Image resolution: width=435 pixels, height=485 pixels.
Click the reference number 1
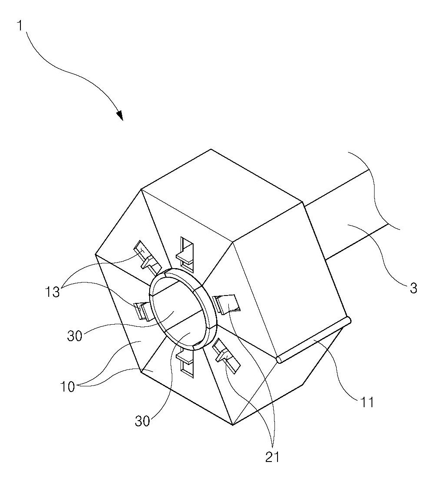pos(20,26)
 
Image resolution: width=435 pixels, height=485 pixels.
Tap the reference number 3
pos(413,288)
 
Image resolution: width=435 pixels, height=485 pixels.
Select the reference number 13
pos(52,292)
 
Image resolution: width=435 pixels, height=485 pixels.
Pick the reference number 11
pos(367,402)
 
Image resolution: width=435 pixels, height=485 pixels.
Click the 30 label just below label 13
pos(75,336)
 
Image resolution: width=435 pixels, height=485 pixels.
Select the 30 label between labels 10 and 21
pos(143,421)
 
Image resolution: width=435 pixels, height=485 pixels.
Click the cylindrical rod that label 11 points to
pos(313,340)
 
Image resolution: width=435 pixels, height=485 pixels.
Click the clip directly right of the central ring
pos(227,304)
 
